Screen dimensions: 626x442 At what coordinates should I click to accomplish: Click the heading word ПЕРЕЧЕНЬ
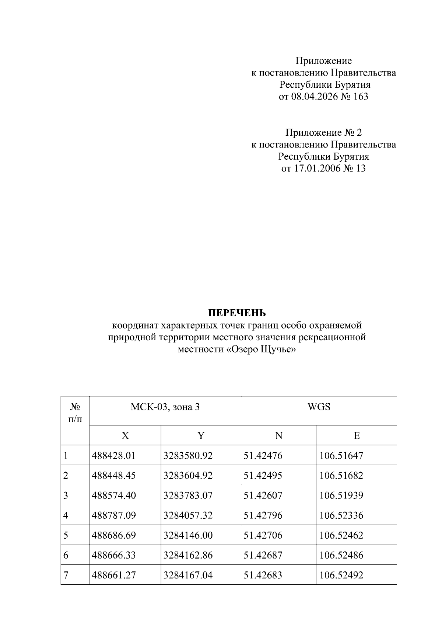click(237, 313)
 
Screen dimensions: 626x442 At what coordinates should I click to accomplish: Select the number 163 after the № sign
click(360, 97)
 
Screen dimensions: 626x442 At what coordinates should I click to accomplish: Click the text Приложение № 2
click(323, 132)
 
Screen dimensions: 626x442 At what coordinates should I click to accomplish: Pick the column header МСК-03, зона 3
click(165, 407)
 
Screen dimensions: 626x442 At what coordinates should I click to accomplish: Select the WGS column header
click(319, 407)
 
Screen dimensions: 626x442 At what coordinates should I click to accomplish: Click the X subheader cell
click(125, 436)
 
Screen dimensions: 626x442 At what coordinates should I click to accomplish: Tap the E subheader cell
click(357, 436)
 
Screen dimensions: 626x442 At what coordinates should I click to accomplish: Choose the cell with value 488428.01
click(114, 456)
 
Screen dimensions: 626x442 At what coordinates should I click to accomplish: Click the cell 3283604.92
click(188, 476)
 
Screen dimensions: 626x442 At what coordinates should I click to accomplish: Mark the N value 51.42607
click(263, 495)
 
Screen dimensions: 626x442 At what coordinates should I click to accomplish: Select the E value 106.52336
click(341, 515)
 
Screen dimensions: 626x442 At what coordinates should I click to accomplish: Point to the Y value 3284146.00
click(188, 535)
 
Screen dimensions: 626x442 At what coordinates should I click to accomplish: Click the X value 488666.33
click(114, 555)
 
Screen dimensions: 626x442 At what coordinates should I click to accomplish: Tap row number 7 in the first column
click(66, 575)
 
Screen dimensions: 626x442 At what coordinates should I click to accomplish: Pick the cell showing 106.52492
click(341, 575)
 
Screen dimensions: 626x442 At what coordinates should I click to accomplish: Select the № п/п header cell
click(75, 413)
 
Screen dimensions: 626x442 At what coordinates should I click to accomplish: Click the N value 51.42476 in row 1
click(263, 456)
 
